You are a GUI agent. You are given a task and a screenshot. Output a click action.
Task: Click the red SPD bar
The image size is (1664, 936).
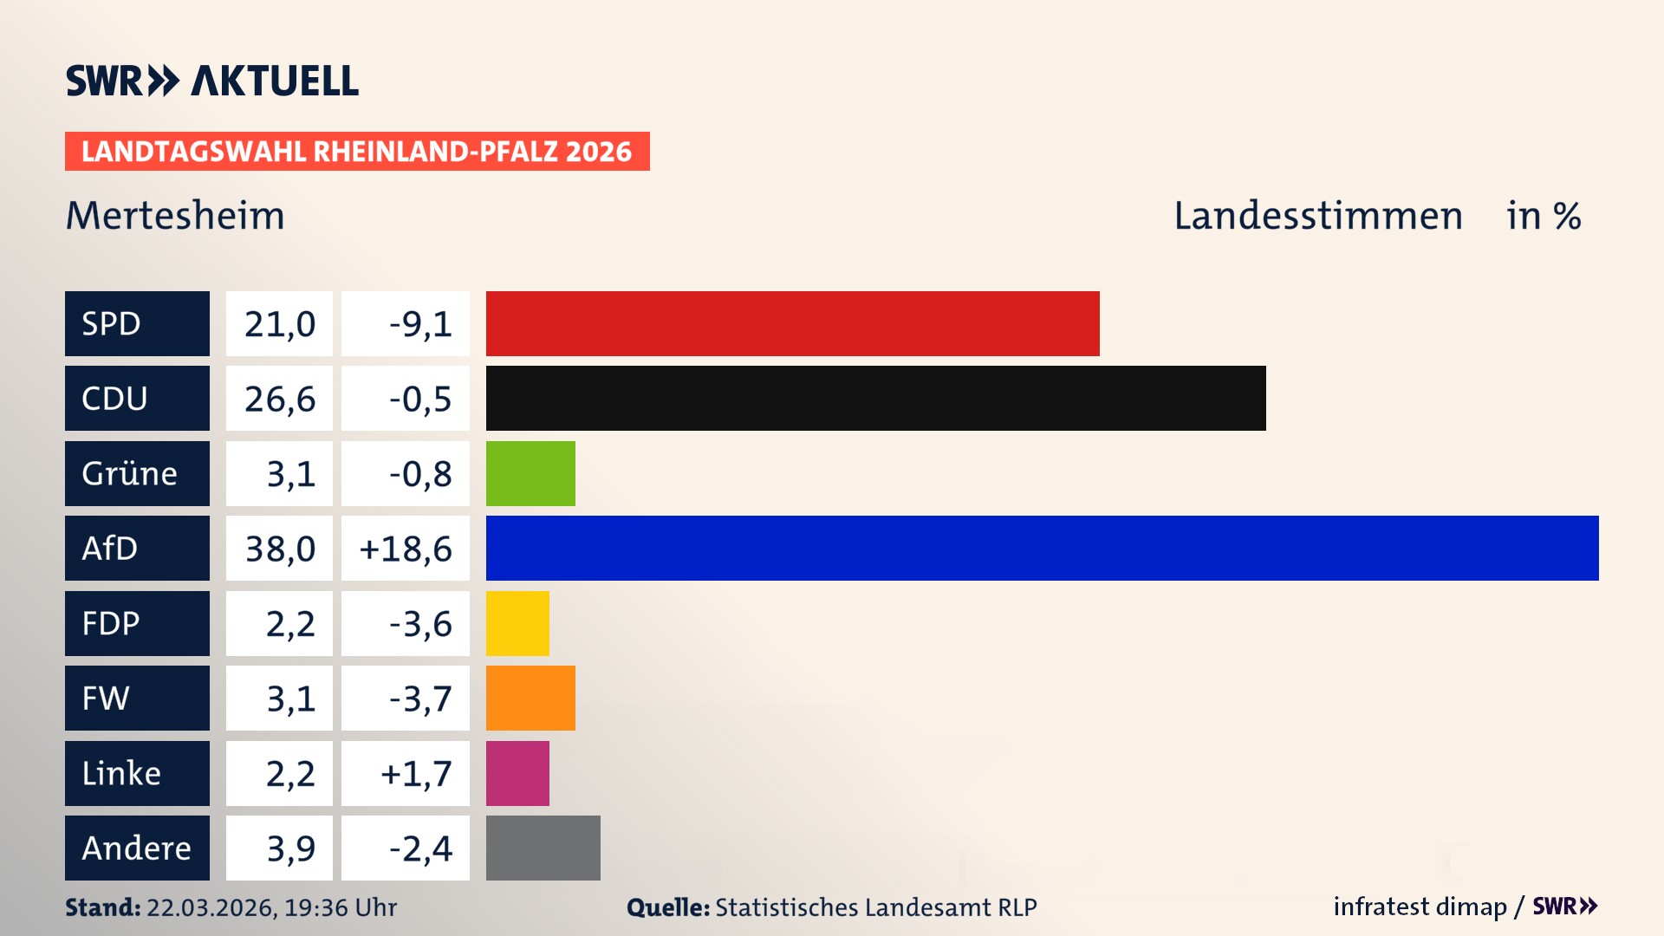click(792, 323)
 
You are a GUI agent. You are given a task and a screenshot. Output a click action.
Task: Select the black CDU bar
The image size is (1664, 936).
click(875, 398)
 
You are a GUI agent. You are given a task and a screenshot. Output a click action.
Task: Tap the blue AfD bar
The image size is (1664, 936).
click(1042, 548)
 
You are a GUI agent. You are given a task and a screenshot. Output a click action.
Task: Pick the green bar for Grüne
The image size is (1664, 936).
click(530, 473)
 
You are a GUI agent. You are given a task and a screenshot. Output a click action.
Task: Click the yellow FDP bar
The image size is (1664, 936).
click(517, 623)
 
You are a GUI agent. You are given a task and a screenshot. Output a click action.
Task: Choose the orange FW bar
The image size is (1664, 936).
click(530, 698)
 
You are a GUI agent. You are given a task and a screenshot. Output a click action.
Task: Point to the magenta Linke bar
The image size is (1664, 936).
click(517, 773)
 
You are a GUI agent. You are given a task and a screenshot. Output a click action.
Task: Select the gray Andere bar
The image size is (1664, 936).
click(543, 848)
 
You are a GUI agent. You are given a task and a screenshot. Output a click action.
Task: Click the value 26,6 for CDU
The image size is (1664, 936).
click(279, 399)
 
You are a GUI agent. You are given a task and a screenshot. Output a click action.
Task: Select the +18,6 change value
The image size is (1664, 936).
click(406, 549)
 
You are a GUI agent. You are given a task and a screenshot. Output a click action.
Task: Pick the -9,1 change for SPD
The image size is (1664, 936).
click(420, 324)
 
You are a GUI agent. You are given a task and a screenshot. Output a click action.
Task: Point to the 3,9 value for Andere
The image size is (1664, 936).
click(290, 848)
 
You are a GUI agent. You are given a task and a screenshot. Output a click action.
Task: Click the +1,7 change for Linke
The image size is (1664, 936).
click(416, 773)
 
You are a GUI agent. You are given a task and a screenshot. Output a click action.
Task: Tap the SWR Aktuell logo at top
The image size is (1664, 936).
click(212, 81)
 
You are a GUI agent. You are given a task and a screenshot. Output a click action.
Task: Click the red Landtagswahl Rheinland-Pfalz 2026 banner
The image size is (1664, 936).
click(357, 152)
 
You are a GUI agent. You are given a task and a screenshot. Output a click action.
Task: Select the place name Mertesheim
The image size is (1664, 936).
click(175, 215)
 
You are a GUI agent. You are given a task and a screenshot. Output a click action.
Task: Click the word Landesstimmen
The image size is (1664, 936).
click(1317, 215)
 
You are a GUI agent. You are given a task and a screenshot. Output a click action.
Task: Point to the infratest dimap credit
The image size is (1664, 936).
click(1419, 907)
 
